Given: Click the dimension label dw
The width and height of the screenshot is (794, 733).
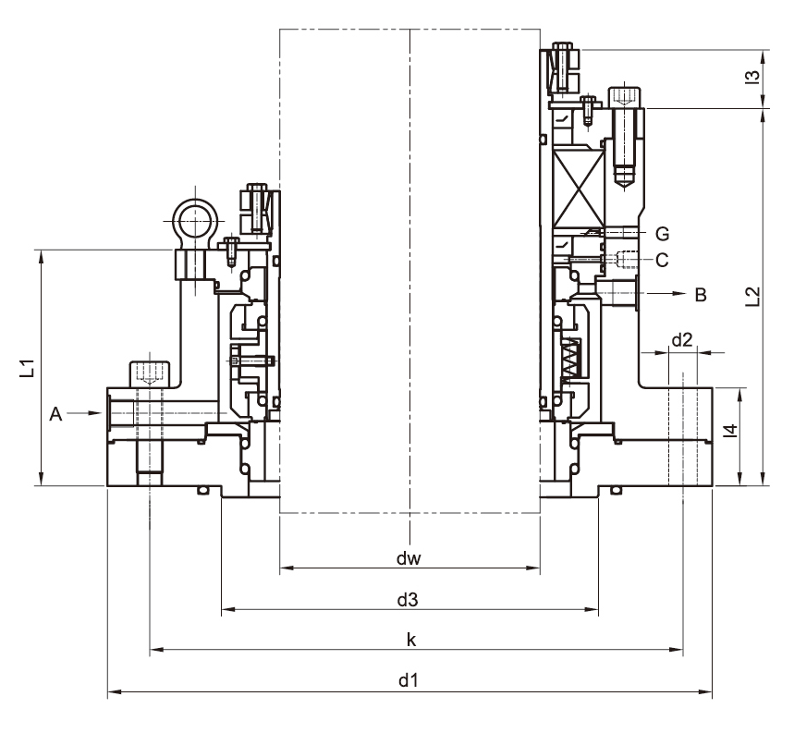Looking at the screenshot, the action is [409, 558].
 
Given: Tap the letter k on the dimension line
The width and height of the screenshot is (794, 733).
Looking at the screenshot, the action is [411, 640].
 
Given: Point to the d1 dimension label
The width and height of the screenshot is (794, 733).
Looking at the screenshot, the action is [409, 680].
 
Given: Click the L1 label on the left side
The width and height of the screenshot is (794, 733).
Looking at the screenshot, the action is [28, 368].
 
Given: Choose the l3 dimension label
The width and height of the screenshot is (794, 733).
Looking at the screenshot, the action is [753, 77].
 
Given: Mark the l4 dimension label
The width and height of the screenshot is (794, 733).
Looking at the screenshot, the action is [730, 430].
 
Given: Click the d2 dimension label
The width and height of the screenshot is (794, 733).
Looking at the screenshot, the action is [681, 340].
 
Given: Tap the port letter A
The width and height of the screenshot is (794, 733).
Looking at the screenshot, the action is [55, 415].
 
